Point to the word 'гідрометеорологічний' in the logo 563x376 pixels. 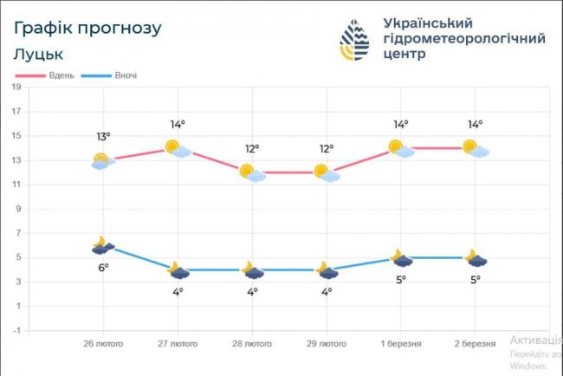(x=463, y=39)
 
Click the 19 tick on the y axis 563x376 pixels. (x=16, y=87)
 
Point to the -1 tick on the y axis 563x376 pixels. (x=16, y=330)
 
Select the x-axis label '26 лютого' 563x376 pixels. (x=103, y=344)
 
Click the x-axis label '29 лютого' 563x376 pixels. (x=326, y=344)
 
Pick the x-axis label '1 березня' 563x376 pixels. (x=400, y=344)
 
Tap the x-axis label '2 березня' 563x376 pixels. (x=475, y=344)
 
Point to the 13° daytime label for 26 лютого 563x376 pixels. (x=103, y=137)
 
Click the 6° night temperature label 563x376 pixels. (x=103, y=269)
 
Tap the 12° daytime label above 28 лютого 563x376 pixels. (x=251, y=148)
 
